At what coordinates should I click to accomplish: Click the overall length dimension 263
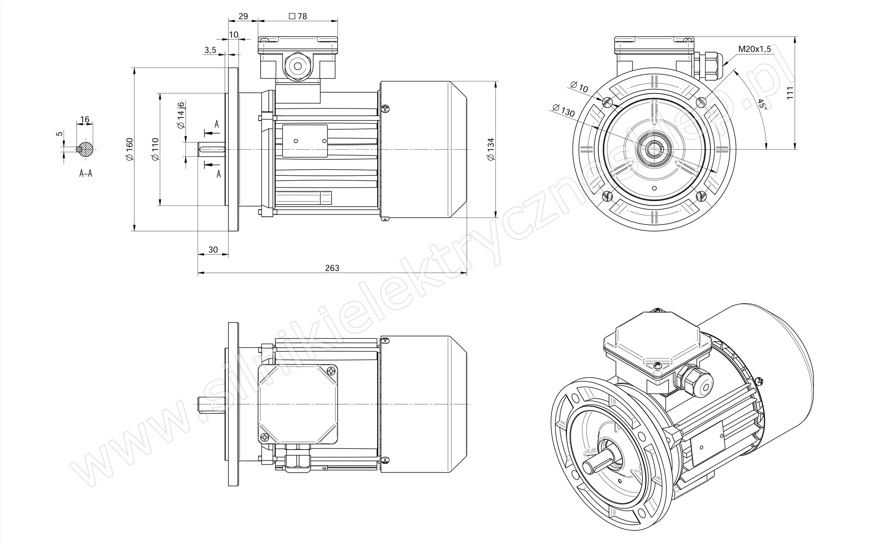tap(332, 268)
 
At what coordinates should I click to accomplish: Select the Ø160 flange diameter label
tap(129, 150)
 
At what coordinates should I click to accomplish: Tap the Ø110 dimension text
tap(155, 150)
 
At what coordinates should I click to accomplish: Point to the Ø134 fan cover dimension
tap(491, 150)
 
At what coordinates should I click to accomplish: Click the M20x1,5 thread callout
tap(754, 49)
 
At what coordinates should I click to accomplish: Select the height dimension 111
tap(790, 93)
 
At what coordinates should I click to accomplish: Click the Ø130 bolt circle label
tap(563, 111)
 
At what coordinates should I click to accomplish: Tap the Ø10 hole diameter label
tap(579, 87)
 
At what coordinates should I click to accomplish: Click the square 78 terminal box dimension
tap(298, 16)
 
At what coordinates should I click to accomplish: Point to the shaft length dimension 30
tap(213, 249)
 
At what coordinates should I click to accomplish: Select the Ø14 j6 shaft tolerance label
tap(181, 114)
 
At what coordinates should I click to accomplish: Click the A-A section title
tap(86, 173)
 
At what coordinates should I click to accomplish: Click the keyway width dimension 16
tap(85, 119)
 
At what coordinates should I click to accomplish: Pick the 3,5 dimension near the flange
tap(210, 50)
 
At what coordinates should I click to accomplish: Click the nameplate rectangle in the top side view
tap(304, 141)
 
